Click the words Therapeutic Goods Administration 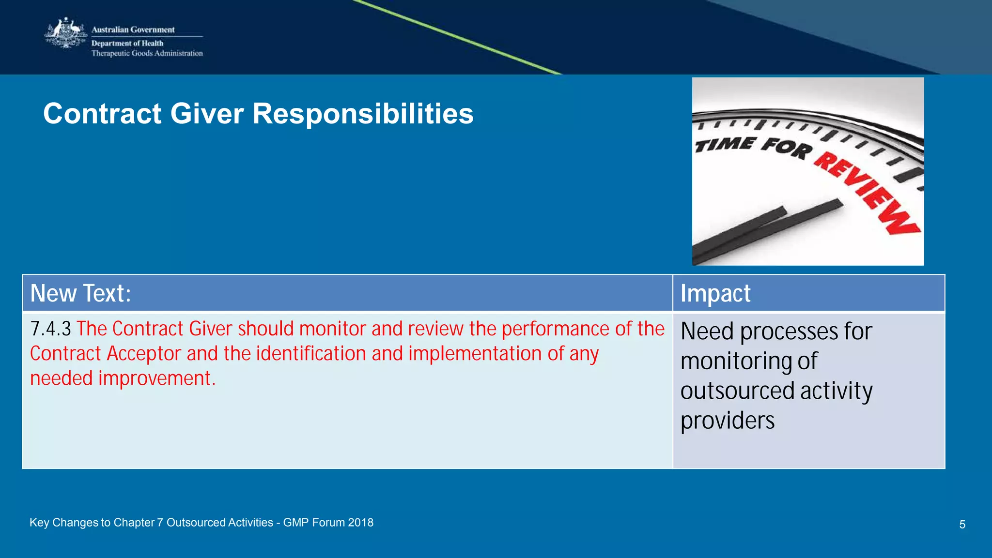pyautogui.click(x=147, y=53)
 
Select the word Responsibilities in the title pyautogui.click(x=363, y=114)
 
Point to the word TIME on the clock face pyautogui.click(x=725, y=144)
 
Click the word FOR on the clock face pyautogui.click(x=786, y=147)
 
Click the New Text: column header pyautogui.click(x=80, y=293)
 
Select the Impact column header pyautogui.click(x=715, y=293)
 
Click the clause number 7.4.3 pyautogui.click(x=50, y=329)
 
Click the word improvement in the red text pyautogui.click(x=157, y=378)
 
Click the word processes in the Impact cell pyautogui.click(x=789, y=332)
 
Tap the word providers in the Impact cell pyautogui.click(x=727, y=421)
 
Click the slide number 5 pyautogui.click(x=962, y=525)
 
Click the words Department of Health pyautogui.click(x=127, y=43)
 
